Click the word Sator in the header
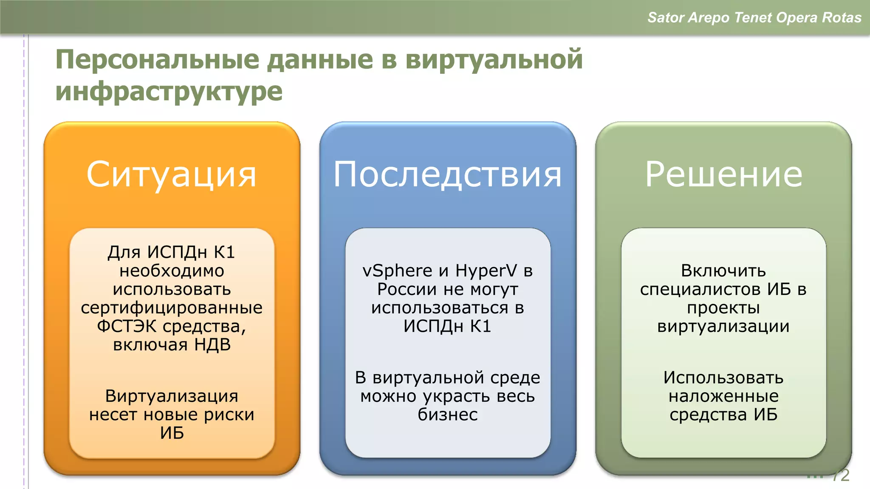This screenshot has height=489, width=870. point(666,17)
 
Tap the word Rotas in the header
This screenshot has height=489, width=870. point(842,17)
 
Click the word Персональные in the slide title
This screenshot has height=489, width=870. point(157,59)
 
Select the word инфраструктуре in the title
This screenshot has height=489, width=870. point(169,91)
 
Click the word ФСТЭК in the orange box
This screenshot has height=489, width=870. point(127,326)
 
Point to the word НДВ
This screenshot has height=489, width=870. point(212,345)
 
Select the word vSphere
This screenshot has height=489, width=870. point(397,271)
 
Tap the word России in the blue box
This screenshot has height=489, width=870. point(407,289)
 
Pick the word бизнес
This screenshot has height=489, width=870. point(447,415)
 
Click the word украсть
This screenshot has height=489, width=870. point(457,396)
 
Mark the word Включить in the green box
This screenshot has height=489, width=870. point(723,271)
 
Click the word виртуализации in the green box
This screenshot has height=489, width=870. point(723,326)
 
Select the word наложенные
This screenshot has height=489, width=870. point(723,396)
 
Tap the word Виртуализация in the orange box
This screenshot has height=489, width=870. point(172,396)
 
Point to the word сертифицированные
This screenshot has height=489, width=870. point(172,308)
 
